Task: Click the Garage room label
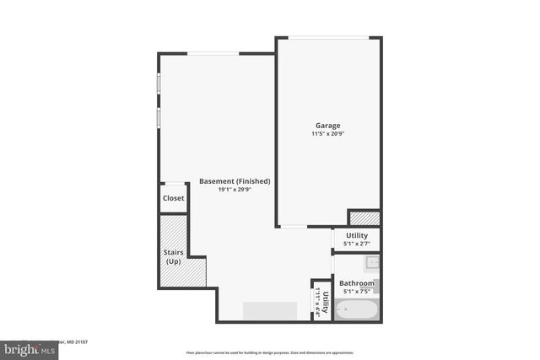pos(328,126)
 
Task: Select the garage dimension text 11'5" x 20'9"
pos(328,134)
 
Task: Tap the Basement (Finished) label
pos(235,181)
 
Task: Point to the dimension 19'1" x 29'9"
pos(235,190)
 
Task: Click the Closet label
pos(173,198)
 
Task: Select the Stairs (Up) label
pos(172,256)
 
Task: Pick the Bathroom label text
pos(357,283)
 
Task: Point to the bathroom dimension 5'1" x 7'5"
pos(357,292)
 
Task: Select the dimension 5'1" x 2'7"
pos(357,245)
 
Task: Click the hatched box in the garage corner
pos(364,218)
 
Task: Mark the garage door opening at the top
pos(328,37)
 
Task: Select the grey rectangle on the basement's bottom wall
pos(270,310)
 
